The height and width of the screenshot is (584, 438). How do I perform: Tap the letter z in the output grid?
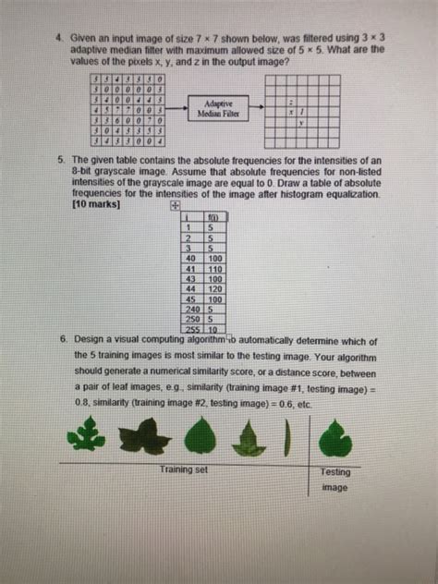(x=291, y=102)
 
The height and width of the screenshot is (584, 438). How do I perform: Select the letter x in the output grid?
(x=291, y=112)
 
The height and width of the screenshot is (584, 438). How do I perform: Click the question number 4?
(x=56, y=41)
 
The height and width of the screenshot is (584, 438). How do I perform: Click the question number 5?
(x=56, y=160)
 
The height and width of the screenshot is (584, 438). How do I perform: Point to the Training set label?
(x=184, y=469)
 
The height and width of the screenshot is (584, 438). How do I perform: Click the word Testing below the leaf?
(x=335, y=472)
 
